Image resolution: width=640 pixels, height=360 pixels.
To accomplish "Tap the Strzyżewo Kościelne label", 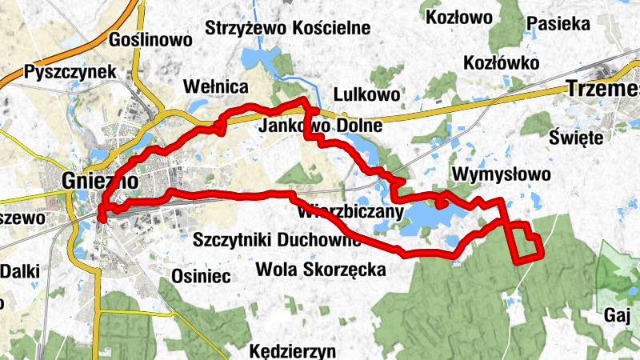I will [288, 28].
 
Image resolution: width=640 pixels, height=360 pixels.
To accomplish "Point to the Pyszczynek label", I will [70, 71].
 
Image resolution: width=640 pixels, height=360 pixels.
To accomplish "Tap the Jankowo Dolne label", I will [321, 126].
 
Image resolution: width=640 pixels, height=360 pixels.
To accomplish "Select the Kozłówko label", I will [502, 62].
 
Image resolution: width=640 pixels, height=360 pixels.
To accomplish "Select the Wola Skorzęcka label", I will [320, 270].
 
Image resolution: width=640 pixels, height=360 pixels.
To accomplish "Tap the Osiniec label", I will [201, 277].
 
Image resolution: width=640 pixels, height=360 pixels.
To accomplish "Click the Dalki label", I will [19, 271].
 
